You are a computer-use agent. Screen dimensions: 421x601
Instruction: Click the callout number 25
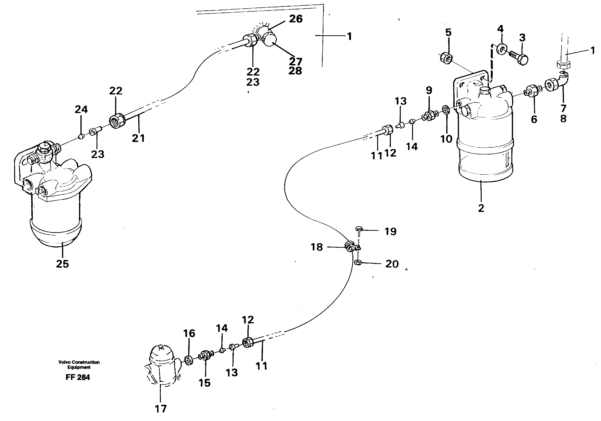[x=62, y=264]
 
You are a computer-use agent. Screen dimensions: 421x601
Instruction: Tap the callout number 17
[x=160, y=409]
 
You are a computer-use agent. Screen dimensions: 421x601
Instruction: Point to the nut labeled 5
[x=446, y=58]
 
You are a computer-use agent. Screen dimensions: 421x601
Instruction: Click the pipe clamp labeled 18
[x=350, y=247]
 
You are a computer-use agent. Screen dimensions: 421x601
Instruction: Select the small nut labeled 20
[x=358, y=262]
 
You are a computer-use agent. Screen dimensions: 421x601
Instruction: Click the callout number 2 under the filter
[x=481, y=208]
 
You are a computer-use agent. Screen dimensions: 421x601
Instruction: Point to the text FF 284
[x=78, y=377]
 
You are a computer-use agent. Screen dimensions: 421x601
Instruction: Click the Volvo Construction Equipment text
[x=79, y=364]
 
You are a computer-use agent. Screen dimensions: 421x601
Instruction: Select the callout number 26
[x=296, y=19]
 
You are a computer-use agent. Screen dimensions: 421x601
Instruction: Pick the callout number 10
[x=446, y=139]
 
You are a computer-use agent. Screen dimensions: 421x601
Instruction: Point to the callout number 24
[x=81, y=109]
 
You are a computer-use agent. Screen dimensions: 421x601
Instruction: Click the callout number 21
[x=138, y=138]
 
